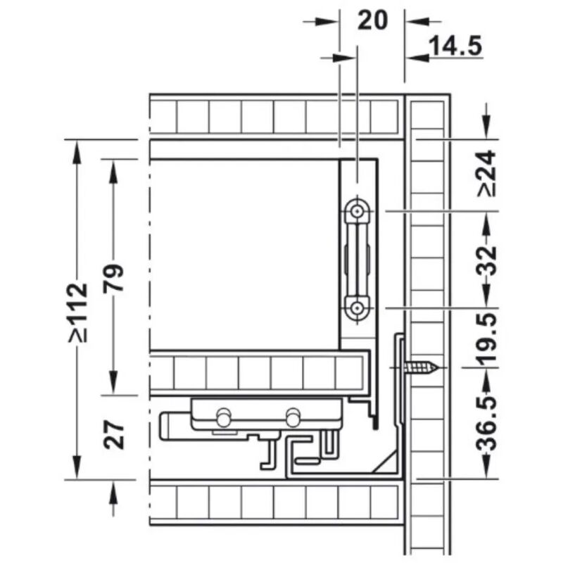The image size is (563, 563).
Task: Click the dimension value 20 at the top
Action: click(373, 20)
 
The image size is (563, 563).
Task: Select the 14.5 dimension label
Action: click(456, 46)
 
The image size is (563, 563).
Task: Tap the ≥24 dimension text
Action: click(487, 174)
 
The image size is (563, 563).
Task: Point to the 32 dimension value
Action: click(487, 260)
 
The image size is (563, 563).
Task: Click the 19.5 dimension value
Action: click(487, 339)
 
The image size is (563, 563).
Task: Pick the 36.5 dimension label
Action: click(487, 424)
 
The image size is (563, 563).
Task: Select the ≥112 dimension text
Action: click(78, 312)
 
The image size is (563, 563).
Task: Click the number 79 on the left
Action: click(113, 278)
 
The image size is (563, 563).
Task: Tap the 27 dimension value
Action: click(113, 435)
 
